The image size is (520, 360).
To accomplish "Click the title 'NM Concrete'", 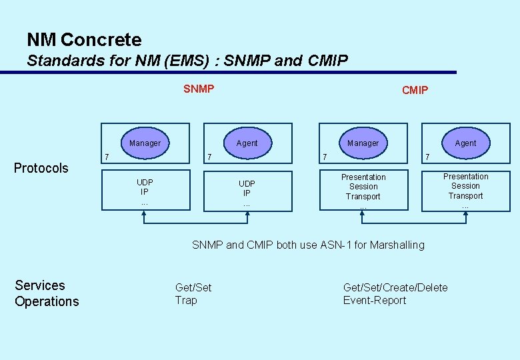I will tap(84, 40).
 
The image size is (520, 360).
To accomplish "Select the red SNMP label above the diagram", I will tap(199, 89).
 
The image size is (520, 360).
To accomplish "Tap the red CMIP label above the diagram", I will tap(415, 90).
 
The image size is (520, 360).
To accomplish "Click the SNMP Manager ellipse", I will tap(145, 143).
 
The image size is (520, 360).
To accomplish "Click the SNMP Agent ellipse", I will tap(247, 143).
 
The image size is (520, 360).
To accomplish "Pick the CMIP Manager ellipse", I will tap(363, 143).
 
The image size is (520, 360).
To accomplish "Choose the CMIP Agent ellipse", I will tap(465, 143).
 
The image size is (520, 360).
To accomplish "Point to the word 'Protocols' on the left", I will tap(41, 168).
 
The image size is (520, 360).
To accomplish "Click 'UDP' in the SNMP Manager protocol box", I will tap(145, 182).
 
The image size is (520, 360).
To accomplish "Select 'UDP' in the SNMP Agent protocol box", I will tap(247, 183).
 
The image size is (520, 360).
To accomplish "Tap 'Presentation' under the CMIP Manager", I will tap(363, 177).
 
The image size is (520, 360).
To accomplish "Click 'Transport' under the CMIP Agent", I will tap(465, 196).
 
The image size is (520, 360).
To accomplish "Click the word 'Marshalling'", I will tap(397, 245).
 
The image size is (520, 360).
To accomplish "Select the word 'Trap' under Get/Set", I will tap(186, 300).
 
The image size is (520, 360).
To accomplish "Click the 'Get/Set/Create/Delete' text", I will tap(395, 287).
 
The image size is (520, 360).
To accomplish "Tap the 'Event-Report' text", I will tap(375, 300).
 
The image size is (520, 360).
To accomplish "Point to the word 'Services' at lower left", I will tap(40, 285).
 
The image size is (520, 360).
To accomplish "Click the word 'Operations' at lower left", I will tap(47, 301).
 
